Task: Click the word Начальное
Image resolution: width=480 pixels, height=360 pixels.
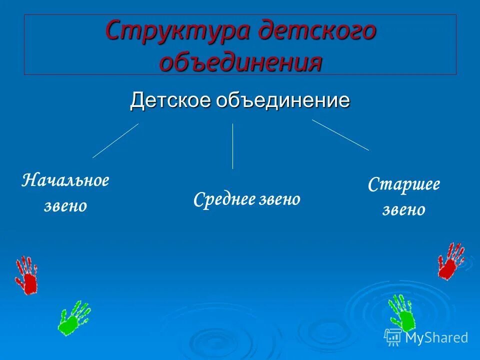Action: pos(65,180)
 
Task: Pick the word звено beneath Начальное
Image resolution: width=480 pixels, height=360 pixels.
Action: pos(65,205)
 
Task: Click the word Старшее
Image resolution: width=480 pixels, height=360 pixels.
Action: pos(404,184)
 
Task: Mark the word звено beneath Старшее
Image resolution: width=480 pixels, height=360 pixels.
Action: pos(404,209)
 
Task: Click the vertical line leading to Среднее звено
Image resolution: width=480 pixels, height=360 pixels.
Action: pos(232,146)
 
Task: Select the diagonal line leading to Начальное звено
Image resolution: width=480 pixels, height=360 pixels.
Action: pos(115,141)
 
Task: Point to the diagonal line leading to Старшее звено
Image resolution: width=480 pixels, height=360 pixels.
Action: pos(340,135)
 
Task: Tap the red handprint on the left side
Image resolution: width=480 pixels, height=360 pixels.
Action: pos(26,275)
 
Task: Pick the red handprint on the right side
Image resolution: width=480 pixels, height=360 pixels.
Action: pos(451,260)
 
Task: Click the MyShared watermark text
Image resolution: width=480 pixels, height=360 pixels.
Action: pos(436,337)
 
